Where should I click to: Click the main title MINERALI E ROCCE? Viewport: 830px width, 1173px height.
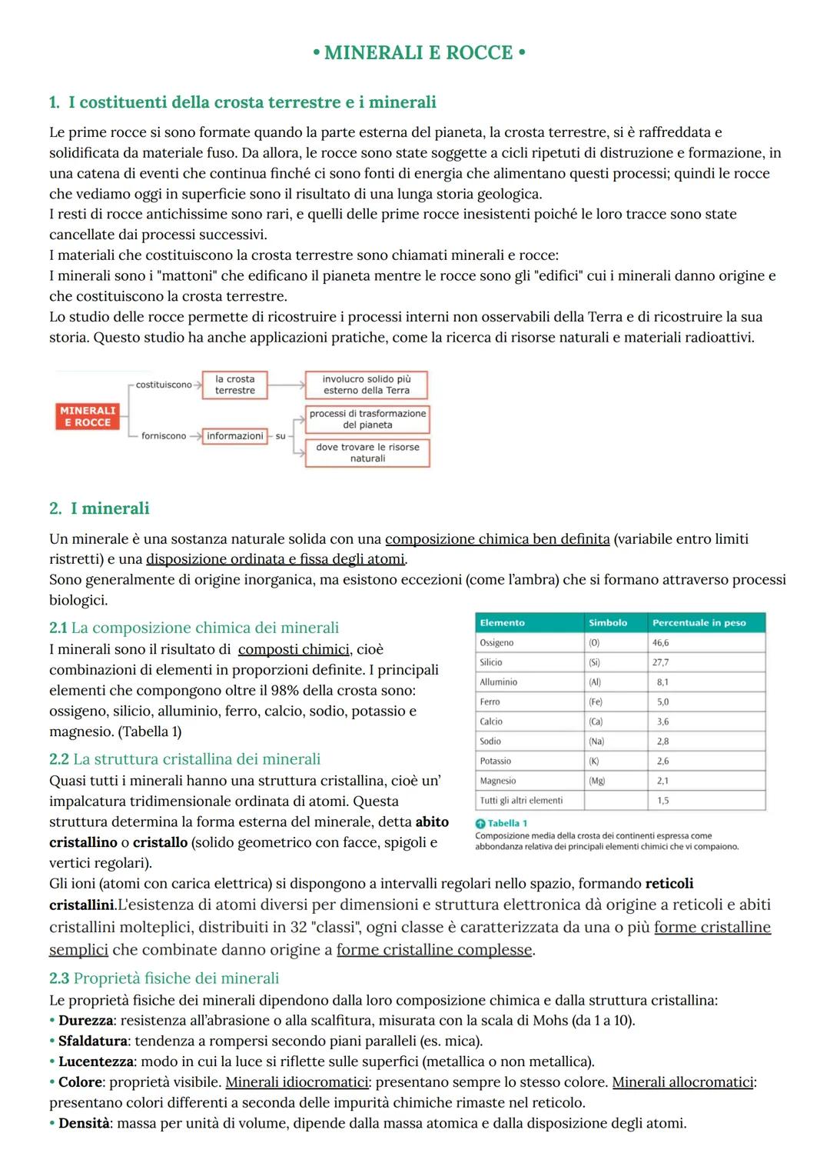[x=419, y=52]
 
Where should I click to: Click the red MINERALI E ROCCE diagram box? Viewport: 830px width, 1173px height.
[x=88, y=416]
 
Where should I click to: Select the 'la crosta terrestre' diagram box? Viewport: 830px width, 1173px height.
[x=234, y=385]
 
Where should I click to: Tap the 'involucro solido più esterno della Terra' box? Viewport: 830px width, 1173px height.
[x=366, y=385]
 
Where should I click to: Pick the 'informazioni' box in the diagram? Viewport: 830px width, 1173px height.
[x=234, y=436]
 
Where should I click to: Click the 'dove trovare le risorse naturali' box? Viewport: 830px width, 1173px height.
[x=367, y=452]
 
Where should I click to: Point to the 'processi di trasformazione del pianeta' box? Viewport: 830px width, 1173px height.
[x=367, y=419]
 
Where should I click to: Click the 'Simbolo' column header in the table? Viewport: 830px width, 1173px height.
[x=608, y=623]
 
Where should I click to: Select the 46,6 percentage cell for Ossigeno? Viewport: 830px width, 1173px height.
[x=660, y=643]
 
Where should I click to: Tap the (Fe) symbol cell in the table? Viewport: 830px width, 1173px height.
[x=596, y=702]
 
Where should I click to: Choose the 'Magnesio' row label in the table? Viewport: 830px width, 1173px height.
[x=498, y=781]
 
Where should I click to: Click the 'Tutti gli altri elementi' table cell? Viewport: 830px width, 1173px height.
[x=521, y=801]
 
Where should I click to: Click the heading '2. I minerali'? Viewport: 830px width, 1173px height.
[x=99, y=508]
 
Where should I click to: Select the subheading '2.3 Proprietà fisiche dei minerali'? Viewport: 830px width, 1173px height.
[x=164, y=978]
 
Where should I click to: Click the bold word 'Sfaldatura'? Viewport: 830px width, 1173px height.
[x=92, y=1041]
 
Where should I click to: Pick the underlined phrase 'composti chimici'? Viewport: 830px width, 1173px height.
[x=294, y=649]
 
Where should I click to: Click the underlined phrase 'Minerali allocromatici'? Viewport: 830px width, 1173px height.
[x=682, y=1082]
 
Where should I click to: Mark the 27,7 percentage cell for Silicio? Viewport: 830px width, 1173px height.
[x=660, y=662]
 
